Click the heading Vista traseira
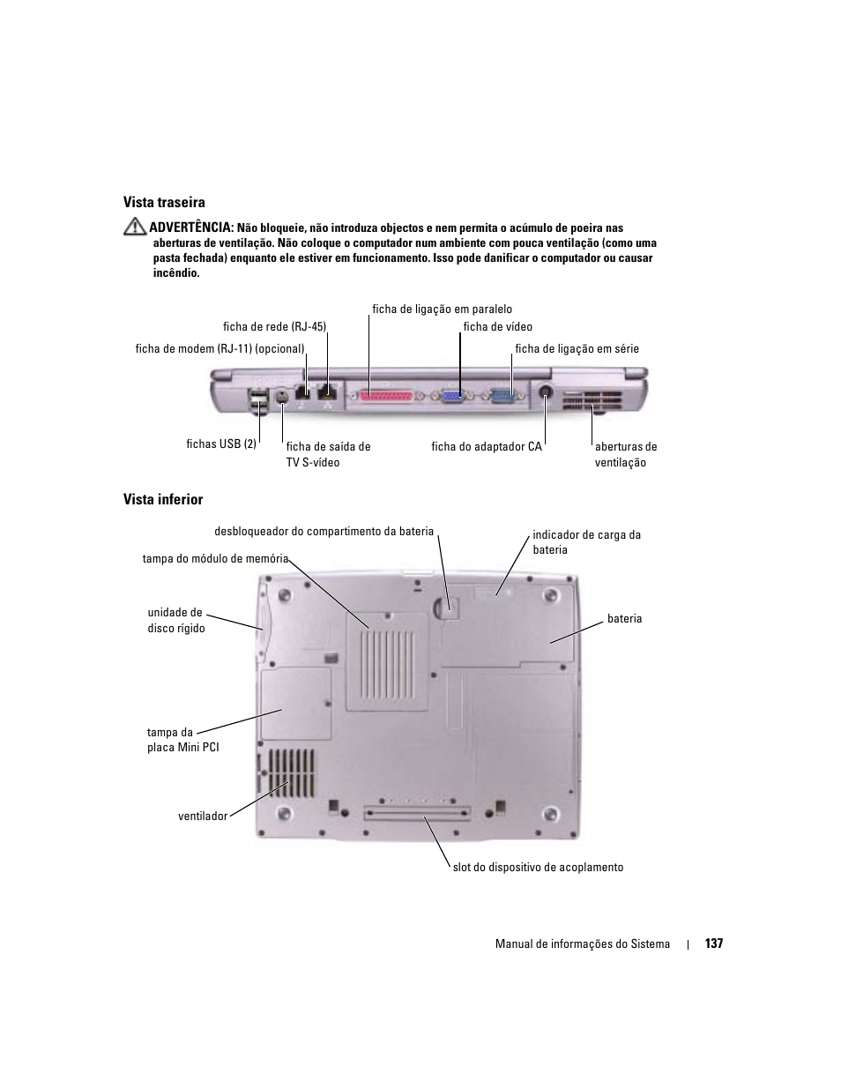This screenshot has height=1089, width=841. [164, 203]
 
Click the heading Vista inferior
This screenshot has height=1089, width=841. [163, 500]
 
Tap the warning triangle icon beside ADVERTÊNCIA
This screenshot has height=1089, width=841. [134, 227]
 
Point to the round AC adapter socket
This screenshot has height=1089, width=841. [546, 393]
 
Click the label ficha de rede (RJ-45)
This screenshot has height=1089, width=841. [274, 327]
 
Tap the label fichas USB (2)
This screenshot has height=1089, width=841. [221, 444]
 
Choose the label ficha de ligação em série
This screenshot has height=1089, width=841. [577, 349]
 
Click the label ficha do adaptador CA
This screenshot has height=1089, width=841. [486, 447]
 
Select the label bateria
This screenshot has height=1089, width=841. [624, 619]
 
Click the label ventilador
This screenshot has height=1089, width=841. [203, 817]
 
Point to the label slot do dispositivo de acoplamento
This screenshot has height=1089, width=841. [538, 868]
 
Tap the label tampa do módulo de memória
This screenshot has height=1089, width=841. [215, 559]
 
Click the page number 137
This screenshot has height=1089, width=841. [714, 944]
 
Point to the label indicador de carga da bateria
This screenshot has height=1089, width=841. [586, 542]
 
